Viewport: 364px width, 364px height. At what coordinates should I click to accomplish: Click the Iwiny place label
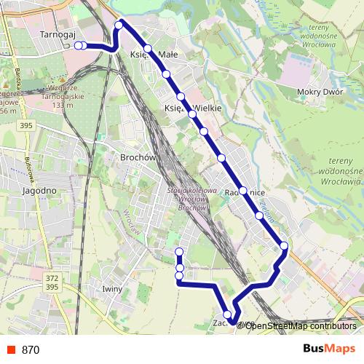pos(113,289)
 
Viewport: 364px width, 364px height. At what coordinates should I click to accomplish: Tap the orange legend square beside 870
pos(10,349)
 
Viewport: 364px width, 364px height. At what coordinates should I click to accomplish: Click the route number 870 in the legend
pos(31,349)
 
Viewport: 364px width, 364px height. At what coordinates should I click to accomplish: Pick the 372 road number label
pos(51,278)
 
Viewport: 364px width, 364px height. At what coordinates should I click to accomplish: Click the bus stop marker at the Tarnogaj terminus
pos(79,45)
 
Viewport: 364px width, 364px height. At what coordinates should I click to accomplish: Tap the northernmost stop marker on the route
pos(119,25)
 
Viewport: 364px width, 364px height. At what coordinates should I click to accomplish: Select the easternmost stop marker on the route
pos(284,246)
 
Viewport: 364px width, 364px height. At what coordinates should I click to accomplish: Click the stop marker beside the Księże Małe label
pos(147,49)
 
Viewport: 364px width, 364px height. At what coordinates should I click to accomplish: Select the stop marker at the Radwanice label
pos(242,191)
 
